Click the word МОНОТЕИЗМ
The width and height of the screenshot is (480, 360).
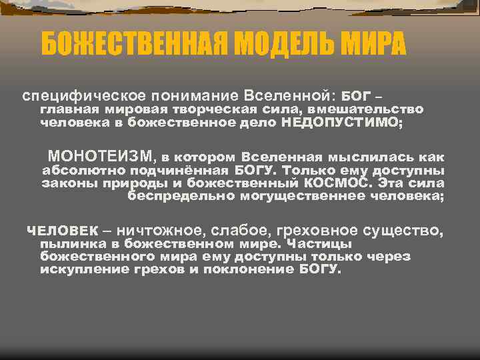[100, 157]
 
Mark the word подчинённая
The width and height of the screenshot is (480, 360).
[169, 170]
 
